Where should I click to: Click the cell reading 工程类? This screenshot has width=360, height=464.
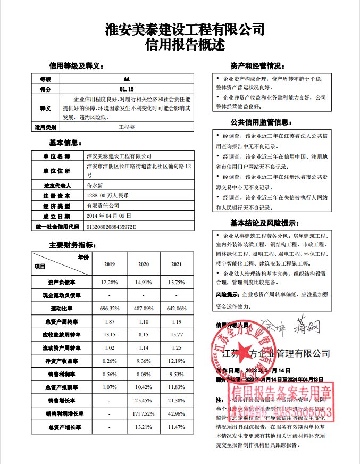tap(127, 127)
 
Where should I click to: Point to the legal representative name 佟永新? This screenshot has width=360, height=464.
tap(96, 186)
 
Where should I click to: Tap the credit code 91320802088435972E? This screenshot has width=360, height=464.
tap(111, 226)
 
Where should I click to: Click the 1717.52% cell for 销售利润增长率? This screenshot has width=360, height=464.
tap(144, 413)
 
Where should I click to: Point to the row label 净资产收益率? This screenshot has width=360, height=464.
tap(62, 361)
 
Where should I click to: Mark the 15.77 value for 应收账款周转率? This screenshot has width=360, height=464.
tap(176, 335)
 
